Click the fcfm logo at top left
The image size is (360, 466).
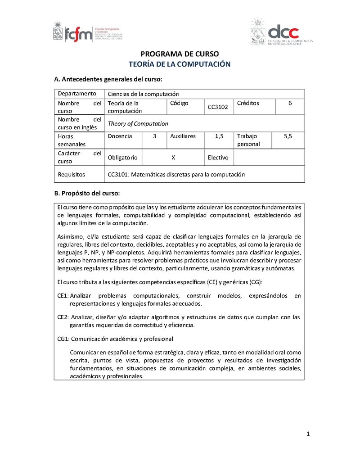coord(88,32)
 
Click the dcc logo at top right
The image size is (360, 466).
coord(282,32)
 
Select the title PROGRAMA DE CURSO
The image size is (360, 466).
coord(180,54)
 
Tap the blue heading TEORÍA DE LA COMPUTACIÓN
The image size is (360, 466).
coord(180,64)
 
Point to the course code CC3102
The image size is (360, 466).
coord(218,107)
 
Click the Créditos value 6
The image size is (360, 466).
coord(290,103)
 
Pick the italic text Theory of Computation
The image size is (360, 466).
coord(138,124)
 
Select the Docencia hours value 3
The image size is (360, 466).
coord(154,136)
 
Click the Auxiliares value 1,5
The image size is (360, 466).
coord(219,136)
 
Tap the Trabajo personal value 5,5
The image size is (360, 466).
coord(288,136)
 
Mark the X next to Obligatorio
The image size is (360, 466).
coord(173,158)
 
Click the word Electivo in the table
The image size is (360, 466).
coord(218,158)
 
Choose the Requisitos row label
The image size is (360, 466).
coord(72,174)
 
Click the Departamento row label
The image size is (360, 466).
coord(77,94)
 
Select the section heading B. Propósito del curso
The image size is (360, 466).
coord(87,194)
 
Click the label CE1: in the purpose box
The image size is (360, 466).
coord(63,296)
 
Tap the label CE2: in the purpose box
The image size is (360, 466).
coord(63,317)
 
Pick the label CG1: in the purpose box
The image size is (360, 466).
coord(63,339)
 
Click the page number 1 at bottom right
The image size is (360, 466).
coord(308,434)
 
